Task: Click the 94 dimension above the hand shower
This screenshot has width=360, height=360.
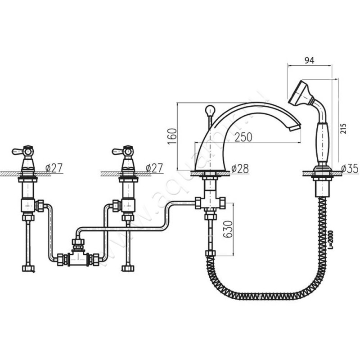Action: (309, 59)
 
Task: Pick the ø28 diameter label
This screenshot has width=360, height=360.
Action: (240, 168)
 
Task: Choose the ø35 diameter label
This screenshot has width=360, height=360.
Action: (349, 168)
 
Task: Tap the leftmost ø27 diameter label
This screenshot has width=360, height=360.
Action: (54, 168)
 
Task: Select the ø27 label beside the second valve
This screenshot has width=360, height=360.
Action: (154, 168)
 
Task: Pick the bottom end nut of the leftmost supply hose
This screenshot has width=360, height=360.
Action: (28, 268)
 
